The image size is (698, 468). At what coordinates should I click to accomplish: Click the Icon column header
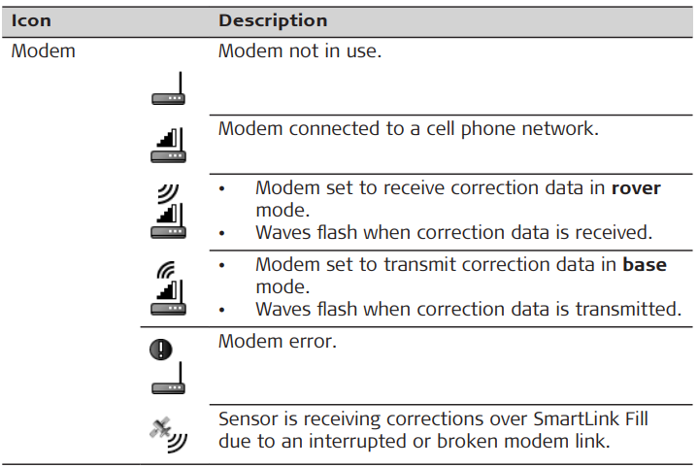pos(31,20)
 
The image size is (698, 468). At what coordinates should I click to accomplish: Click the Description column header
pos(273,20)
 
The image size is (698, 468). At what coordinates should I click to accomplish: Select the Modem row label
pos(43,50)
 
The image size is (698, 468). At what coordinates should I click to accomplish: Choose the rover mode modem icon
pos(168,210)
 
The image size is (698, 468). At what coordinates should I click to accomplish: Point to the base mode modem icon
pos(168,285)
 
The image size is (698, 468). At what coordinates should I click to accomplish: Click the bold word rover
pos(636,188)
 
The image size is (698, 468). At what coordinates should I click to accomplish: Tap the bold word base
pos(645,264)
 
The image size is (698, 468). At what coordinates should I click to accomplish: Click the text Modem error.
pos(277,341)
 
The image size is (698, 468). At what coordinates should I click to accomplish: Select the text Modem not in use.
pos(299,50)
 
